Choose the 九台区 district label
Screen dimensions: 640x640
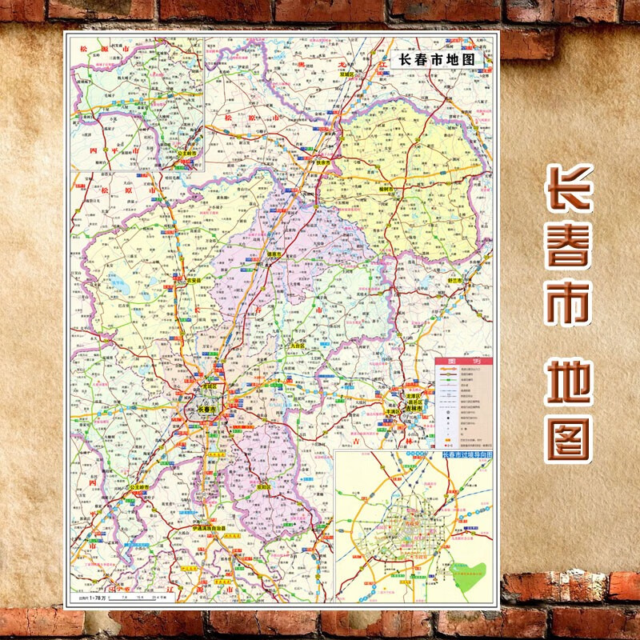(299, 346)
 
